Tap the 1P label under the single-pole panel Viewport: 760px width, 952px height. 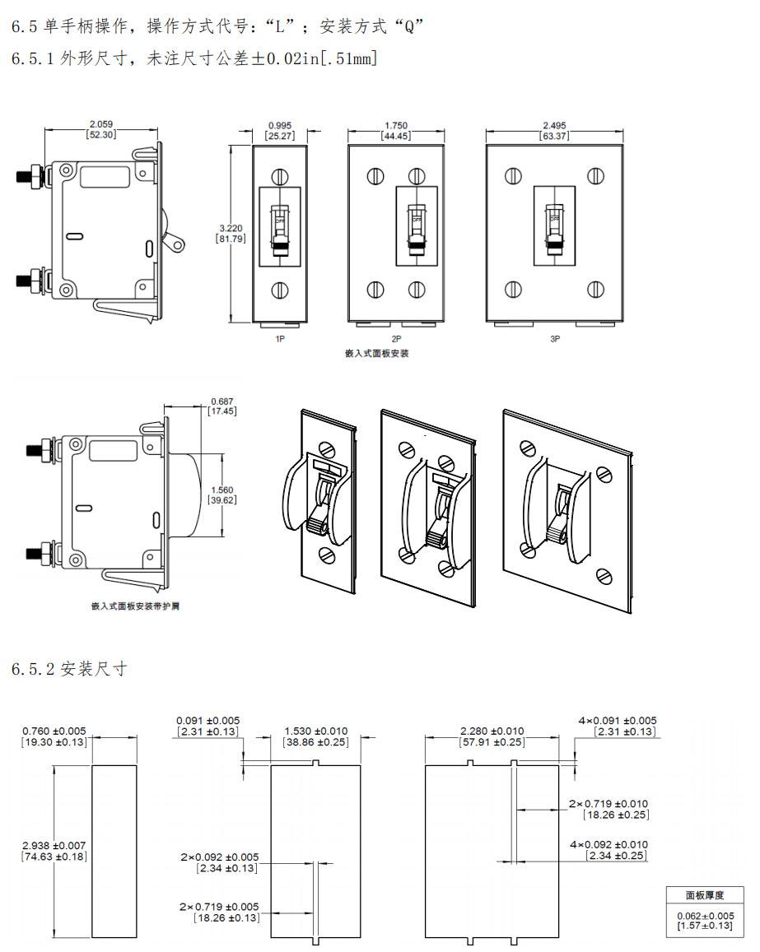[x=279, y=338]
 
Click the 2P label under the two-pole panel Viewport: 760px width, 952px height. [x=396, y=338]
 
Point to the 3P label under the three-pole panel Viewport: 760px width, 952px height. [x=555, y=338]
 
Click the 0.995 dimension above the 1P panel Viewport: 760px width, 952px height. [x=279, y=126]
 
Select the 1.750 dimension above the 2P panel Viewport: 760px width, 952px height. [x=396, y=126]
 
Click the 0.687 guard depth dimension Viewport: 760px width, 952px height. [x=221, y=401]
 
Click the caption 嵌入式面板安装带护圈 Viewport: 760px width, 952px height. [x=135, y=606]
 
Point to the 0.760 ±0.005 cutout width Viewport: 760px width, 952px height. [x=54, y=731]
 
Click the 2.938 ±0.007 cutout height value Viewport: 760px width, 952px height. [x=54, y=845]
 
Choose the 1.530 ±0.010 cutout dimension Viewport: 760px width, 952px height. [x=315, y=731]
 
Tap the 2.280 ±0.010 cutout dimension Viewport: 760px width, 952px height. [x=492, y=731]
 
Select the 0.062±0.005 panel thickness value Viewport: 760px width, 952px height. [x=704, y=916]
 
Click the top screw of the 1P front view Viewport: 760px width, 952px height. [x=279, y=176]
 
